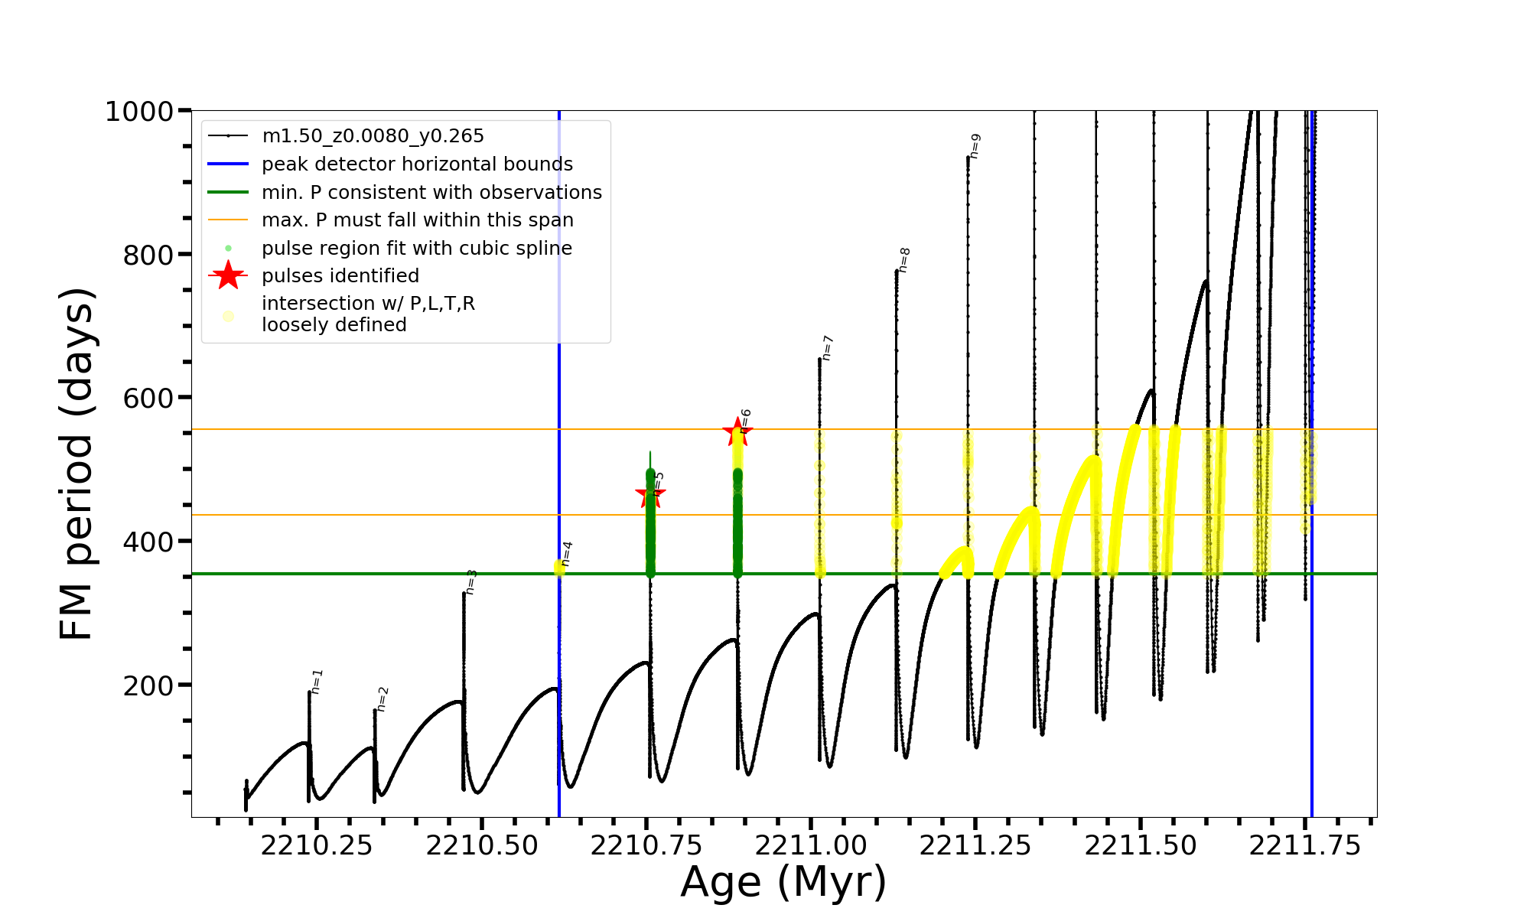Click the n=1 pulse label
[317, 682]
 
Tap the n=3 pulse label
[471, 582]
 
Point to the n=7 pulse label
[827, 348]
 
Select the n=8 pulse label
[904, 260]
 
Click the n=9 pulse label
[975, 146]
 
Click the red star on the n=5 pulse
[650, 494]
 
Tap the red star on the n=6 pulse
[737, 431]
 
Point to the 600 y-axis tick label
[148, 399]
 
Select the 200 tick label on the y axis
[148, 685]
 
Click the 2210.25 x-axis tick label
[316, 845]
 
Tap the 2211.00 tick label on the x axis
[811, 845]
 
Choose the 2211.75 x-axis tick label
[1305, 845]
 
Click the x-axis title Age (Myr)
[783, 881]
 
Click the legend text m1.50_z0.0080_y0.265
[373, 136]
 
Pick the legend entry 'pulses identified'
[340, 275]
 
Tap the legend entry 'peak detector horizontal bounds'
[417, 164]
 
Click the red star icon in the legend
[228, 275]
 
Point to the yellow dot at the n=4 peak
[559, 568]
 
